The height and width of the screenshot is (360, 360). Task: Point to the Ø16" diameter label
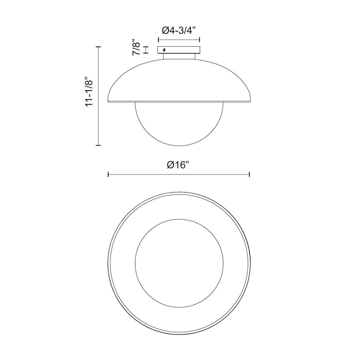click(178, 165)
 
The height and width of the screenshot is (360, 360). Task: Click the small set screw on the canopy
click(164, 49)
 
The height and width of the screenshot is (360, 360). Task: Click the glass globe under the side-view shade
click(179, 123)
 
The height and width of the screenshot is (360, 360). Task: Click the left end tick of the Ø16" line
click(108, 175)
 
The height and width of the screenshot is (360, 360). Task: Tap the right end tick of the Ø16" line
click(249, 175)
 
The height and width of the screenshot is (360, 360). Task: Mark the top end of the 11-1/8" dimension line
click(98, 46)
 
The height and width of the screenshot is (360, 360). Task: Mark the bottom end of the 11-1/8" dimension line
click(98, 146)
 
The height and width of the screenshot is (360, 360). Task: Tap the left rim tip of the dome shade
click(109, 102)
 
